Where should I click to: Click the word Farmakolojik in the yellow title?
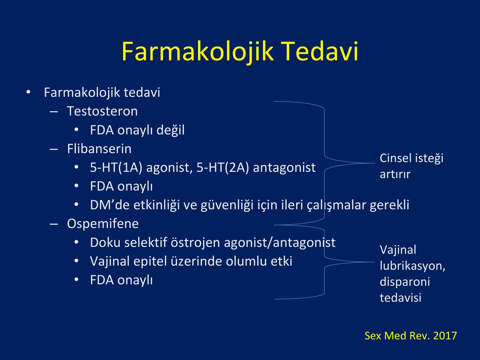click(x=197, y=53)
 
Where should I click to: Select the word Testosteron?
click(x=102, y=111)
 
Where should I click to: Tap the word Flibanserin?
click(x=99, y=149)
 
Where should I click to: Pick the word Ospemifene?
click(x=103, y=224)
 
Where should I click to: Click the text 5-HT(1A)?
click(x=116, y=168)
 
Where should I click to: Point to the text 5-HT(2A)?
click(x=223, y=168)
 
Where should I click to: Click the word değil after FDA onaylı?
click(x=171, y=130)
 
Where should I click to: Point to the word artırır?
click(x=395, y=174)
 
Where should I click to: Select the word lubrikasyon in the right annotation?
click(x=412, y=266)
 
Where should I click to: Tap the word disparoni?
click(x=405, y=282)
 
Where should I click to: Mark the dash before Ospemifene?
click(x=54, y=224)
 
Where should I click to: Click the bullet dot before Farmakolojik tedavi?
click(x=28, y=92)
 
